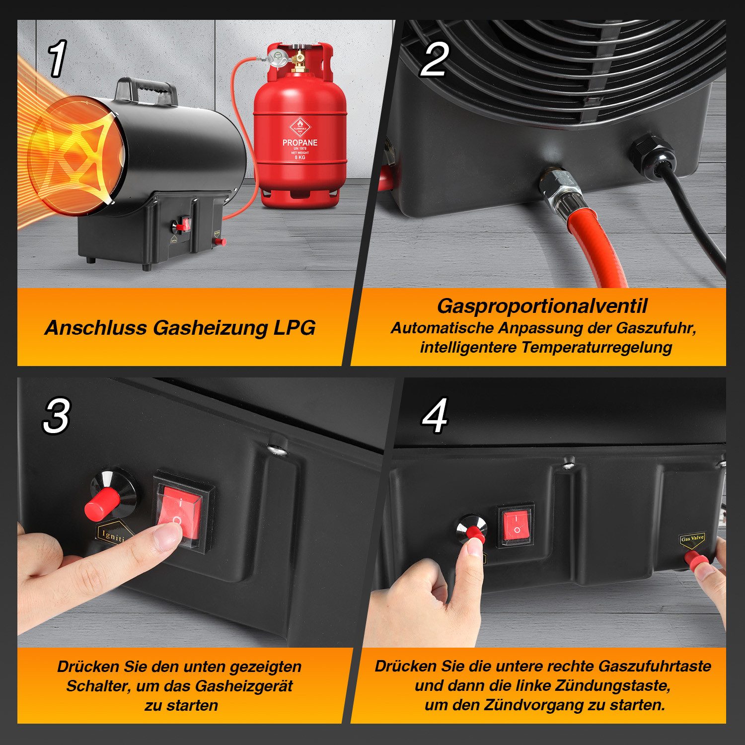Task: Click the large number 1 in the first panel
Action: point(57,59)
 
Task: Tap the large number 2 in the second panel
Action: point(434,59)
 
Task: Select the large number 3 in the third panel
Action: point(56,416)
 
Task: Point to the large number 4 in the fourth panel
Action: point(435,416)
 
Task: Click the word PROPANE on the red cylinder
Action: point(299,143)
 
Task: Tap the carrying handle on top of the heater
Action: point(146,90)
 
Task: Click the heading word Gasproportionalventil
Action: point(541,306)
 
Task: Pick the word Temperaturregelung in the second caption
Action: point(596,347)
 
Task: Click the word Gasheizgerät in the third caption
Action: point(244,686)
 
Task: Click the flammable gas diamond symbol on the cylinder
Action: point(299,124)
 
